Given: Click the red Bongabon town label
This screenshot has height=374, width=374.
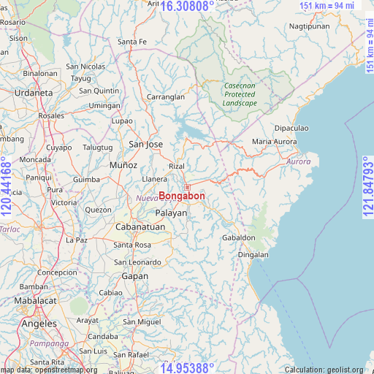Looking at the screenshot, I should [x=182, y=196].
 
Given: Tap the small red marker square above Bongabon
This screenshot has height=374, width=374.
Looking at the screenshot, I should [x=187, y=187].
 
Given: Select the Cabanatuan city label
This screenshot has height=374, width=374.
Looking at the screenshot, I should [x=140, y=227].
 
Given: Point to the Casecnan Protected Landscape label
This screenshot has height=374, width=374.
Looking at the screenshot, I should [x=240, y=94].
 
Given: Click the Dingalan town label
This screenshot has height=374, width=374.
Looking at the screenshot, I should [x=253, y=255].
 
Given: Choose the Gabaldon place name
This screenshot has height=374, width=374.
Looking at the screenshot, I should [x=238, y=238].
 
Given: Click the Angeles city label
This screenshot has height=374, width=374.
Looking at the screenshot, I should [x=39, y=324].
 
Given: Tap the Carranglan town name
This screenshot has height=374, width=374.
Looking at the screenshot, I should [x=166, y=96].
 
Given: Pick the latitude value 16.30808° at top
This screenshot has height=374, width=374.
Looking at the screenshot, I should [x=187, y=6].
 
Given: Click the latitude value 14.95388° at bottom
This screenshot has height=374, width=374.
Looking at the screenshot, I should [x=187, y=367].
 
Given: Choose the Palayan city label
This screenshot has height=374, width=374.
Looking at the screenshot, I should [x=171, y=213].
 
